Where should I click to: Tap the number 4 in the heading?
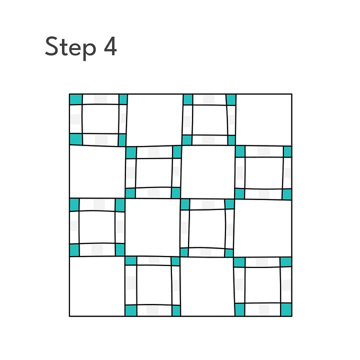tap(110, 46)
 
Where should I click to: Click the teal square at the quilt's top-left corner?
tap(76, 99)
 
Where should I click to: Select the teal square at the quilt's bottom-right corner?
tap(286, 309)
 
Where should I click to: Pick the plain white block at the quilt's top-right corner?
tap(264, 119)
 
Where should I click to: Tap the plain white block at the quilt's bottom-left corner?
tap(97, 286)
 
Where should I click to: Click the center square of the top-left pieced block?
tap(100, 119)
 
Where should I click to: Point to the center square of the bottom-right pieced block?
tap(262, 285)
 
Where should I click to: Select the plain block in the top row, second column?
tap(154, 120)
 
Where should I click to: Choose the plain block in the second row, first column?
tap(98, 171)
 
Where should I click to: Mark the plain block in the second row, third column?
tap(208, 172)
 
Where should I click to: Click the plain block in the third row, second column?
tap(152, 227)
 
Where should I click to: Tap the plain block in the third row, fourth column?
tap(263, 228)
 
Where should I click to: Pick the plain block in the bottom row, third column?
tap(207, 287)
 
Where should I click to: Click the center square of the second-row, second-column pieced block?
tap(154, 173)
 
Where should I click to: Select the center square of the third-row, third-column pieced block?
tap(207, 228)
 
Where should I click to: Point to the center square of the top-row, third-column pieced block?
tap(210, 120)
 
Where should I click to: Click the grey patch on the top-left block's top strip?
tap(100, 99)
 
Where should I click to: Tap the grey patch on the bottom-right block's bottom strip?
tap(264, 309)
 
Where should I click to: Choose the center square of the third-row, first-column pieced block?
tap(97, 227)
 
